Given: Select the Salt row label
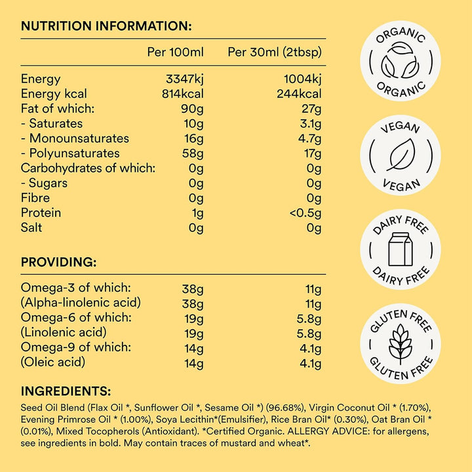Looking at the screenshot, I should [x=33, y=227].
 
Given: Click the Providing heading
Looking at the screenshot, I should [x=59, y=262].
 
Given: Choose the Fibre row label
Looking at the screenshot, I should [x=35, y=198].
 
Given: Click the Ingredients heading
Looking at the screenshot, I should [x=66, y=391].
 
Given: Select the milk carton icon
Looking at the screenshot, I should [x=401, y=250].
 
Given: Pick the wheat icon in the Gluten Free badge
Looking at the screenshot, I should [x=401, y=344].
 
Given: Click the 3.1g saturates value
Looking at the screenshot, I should [x=308, y=123].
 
